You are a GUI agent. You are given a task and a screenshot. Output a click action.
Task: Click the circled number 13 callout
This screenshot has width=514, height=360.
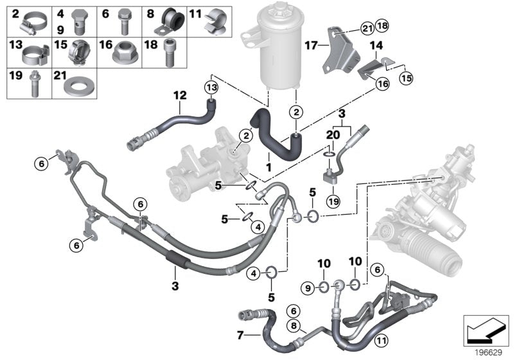pos(211,85)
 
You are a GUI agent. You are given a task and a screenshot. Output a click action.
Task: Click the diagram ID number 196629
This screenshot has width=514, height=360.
pos(492,353)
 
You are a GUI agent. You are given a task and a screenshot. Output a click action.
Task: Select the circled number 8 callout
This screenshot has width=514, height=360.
pos(294,326)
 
